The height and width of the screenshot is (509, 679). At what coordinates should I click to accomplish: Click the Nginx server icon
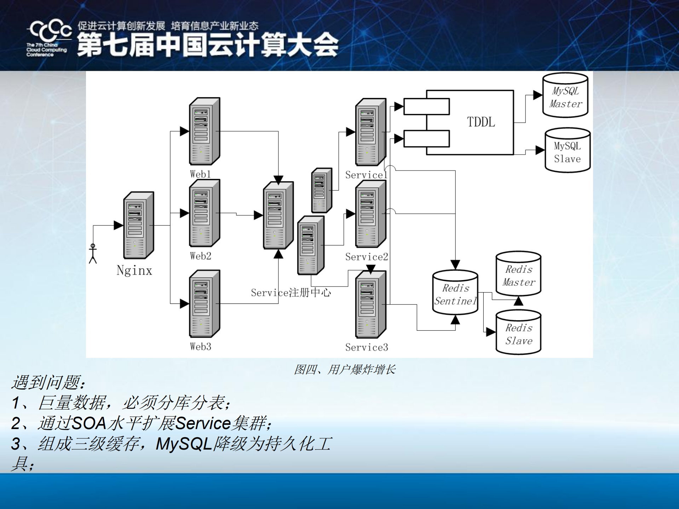[138, 225]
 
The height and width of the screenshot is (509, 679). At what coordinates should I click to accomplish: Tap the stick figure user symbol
[93, 253]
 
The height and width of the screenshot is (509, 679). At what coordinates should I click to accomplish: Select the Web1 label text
[200, 174]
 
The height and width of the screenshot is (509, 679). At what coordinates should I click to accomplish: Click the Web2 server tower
[204, 213]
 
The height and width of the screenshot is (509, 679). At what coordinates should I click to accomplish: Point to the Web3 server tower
[204, 304]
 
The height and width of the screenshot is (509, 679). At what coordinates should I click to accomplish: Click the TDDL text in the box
[481, 122]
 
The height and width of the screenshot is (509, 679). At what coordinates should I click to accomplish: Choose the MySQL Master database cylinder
[565, 96]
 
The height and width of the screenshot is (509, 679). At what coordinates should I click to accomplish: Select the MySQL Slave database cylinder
[567, 151]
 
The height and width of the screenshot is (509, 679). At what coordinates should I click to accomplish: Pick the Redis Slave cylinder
[518, 332]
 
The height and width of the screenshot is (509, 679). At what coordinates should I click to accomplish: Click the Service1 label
[366, 175]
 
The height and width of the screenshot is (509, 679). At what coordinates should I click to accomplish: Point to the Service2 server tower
[370, 214]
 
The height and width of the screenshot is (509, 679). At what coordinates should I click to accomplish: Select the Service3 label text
[367, 347]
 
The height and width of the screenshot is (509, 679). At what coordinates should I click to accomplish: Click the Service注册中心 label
[291, 293]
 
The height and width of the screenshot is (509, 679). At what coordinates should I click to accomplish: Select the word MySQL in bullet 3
[184, 444]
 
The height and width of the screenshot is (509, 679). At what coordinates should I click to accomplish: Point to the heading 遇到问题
[48, 382]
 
